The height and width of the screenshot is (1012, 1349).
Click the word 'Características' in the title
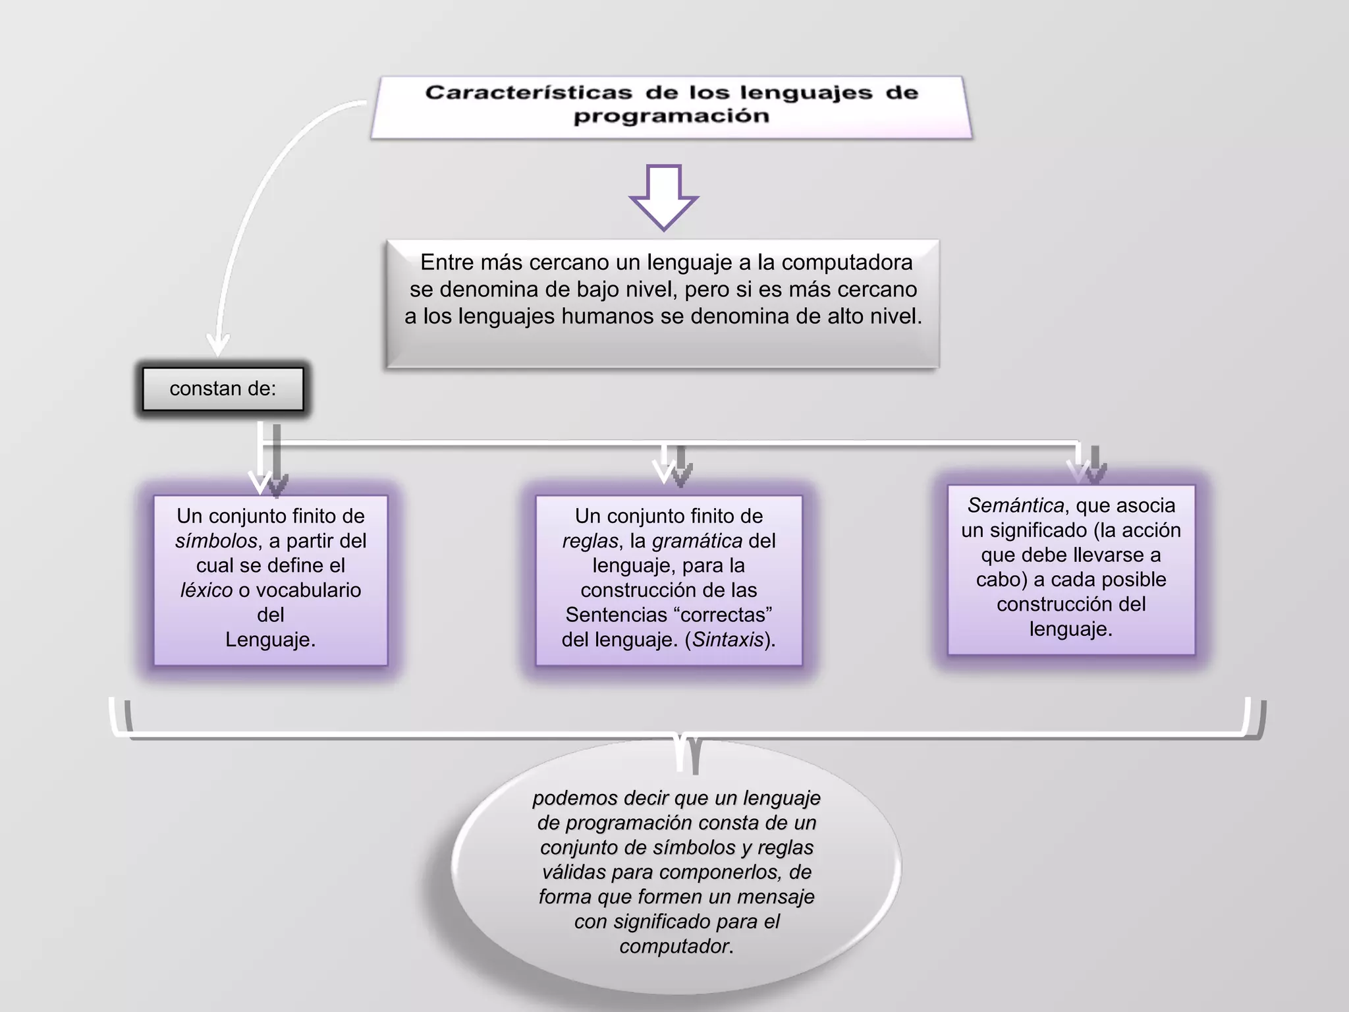point(528,92)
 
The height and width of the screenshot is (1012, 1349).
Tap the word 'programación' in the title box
point(671,116)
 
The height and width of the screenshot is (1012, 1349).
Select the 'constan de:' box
point(223,389)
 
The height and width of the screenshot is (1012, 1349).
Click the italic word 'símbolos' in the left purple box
point(216,541)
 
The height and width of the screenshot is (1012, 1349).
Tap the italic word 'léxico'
point(206,590)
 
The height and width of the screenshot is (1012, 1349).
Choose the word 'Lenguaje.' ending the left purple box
point(270,640)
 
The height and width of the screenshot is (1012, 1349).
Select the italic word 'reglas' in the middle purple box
point(590,541)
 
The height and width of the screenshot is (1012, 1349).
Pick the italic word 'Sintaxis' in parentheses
point(727,640)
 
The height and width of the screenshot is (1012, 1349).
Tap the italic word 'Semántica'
point(1015,505)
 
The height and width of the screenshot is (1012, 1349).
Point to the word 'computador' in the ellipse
point(674,946)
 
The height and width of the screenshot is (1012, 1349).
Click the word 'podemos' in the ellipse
point(575,798)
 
